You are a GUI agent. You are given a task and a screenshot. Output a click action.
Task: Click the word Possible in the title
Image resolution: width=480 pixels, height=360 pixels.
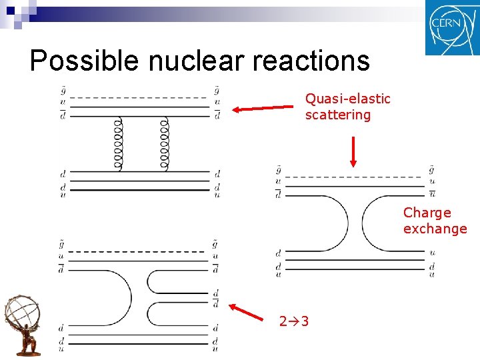[x=85, y=61]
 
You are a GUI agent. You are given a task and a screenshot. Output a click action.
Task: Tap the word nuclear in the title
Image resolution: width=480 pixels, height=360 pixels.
[x=197, y=61]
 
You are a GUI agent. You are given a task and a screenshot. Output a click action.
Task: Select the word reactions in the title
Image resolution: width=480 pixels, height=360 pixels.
[x=311, y=61]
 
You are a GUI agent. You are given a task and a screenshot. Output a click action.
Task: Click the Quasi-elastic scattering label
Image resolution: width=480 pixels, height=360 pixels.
[x=347, y=107]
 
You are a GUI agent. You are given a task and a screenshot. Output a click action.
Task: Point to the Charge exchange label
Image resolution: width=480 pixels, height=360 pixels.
[x=435, y=221]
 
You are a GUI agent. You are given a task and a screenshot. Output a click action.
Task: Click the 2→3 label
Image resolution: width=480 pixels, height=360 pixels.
[x=293, y=322]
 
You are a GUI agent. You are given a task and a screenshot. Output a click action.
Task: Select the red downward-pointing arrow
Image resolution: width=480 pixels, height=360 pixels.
[x=353, y=151]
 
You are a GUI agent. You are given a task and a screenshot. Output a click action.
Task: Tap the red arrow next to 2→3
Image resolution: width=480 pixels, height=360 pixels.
[x=247, y=313]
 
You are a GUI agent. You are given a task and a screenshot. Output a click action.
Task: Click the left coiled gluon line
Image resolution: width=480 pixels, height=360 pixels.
[x=118, y=145]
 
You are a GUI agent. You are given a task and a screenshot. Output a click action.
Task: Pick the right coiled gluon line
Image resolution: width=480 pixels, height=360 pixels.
[x=165, y=145]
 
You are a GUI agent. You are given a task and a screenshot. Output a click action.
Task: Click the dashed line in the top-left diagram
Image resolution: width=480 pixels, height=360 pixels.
[x=138, y=97]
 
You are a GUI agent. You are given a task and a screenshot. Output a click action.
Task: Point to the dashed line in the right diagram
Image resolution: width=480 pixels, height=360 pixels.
[x=350, y=177]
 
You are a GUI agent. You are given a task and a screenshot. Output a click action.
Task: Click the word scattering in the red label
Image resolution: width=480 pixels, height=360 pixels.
[x=337, y=115]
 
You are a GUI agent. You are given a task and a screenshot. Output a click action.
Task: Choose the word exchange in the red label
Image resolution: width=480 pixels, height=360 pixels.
[x=435, y=229]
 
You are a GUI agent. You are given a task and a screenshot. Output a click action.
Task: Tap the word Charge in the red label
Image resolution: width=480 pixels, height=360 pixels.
[x=427, y=213]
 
